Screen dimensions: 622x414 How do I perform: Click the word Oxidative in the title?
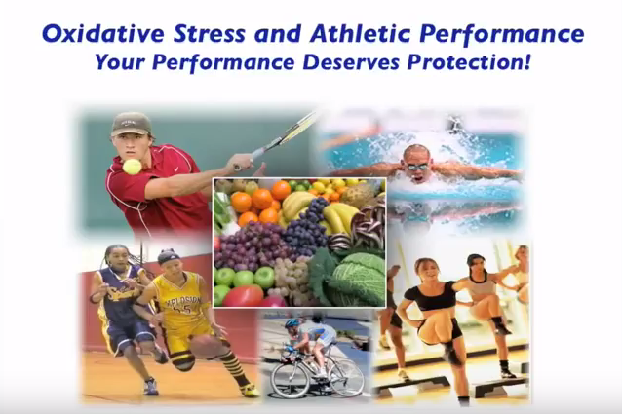tap(103, 34)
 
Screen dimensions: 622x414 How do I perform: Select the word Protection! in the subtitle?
tap(469, 61)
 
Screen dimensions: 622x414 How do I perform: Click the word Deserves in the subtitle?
tap(351, 62)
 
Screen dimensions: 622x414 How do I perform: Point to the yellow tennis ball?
tap(132, 167)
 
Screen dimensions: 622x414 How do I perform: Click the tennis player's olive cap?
tap(131, 124)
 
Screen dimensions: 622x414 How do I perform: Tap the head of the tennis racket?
tap(294, 129)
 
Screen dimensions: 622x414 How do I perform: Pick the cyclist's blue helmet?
tap(292, 322)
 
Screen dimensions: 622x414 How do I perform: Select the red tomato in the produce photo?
tap(243, 295)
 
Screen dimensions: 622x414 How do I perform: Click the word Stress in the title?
tap(209, 34)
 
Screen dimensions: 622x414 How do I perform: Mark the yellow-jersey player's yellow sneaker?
tap(250, 391)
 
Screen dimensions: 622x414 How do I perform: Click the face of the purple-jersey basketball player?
tap(114, 258)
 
